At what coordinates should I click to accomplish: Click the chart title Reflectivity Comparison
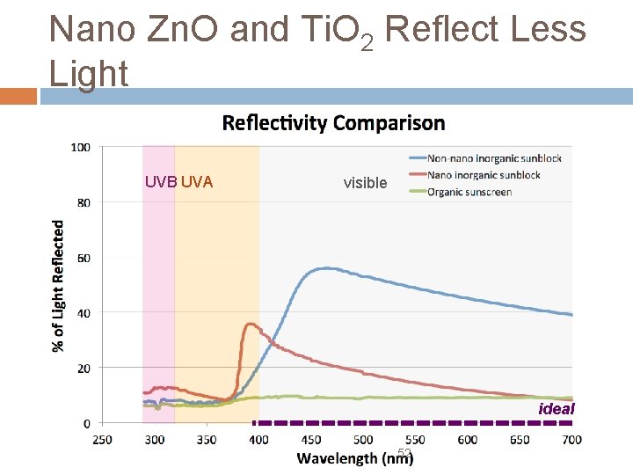pos(333,122)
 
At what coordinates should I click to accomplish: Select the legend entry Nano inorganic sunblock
pos(484,175)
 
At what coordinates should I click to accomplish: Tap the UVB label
pos(161,182)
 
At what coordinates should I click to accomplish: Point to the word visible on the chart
pos(365,183)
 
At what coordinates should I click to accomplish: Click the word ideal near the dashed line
pos(556,408)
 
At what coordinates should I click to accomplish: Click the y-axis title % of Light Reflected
pos(59,285)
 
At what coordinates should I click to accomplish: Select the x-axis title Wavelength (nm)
pos(355,457)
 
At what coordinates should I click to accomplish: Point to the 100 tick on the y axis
pos(81,148)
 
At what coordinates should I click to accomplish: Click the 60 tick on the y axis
pos(84,258)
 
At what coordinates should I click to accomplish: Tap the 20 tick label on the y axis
pos(84,369)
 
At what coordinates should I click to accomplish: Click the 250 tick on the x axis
pos(102,439)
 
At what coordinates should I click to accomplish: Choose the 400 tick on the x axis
pos(258,439)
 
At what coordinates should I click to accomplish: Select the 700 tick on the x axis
pos(571,439)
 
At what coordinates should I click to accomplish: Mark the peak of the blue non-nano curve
pos(326,268)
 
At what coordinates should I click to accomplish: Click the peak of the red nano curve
pos(251,324)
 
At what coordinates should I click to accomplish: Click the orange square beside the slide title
pos(18,95)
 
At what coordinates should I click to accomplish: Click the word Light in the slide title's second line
pos(89,74)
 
